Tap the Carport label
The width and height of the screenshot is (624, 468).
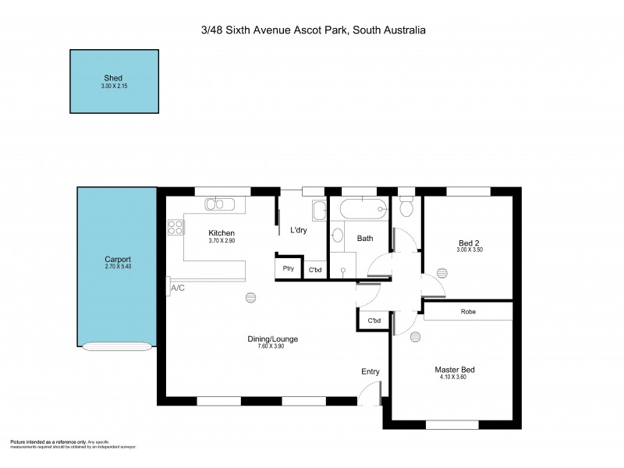pyautogui.click(x=118, y=260)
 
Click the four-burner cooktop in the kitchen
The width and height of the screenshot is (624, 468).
pyautogui.click(x=175, y=228)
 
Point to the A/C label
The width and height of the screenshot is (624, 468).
pyautogui.click(x=178, y=289)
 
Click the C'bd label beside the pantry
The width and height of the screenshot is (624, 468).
pyautogui.click(x=315, y=270)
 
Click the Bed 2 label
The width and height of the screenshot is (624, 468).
pyautogui.click(x=468, y=243)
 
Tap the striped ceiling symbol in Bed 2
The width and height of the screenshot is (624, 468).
pyautogui.click(x=442, y=272)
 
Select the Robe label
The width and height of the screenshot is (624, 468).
pyautogui.click(x=468, y=312)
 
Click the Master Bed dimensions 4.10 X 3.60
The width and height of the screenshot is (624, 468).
pyautogui.click(x=455, y=378)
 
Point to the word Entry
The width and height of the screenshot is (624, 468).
pyautogui.click(x=370, y=371)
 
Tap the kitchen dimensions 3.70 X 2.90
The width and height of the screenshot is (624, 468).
pyautogui.click(x=222, y=241)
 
